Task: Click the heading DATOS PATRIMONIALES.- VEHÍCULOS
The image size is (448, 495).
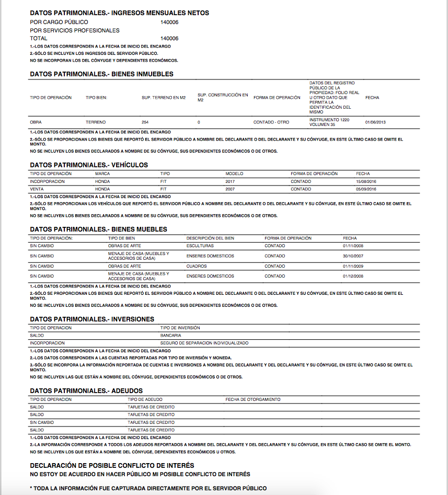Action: [89, 165]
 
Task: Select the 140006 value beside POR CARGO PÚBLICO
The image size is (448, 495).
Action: [170, 22]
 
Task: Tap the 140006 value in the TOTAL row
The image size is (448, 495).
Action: [170, 38]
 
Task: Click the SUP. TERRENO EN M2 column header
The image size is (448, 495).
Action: [164, 98]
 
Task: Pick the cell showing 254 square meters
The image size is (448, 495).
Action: [145, 122]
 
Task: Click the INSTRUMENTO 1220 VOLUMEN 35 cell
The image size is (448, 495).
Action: [329, 122]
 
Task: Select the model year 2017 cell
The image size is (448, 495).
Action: [231, 181]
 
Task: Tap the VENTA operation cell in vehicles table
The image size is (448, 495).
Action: [37, 189]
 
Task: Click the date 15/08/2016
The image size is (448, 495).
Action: [366, 181]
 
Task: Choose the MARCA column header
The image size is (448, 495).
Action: [102, 174]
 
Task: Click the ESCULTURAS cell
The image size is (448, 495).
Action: [200, 246]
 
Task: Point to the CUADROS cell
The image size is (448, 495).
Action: [196, 266]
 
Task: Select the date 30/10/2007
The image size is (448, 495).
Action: [353, 256]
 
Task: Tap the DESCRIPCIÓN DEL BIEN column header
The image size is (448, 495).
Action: [210, 238]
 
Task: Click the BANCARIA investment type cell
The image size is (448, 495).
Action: [171, 336]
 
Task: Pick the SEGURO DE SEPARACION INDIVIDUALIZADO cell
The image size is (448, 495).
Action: [204, 343]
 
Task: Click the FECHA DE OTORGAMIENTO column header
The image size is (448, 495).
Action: [253, 399]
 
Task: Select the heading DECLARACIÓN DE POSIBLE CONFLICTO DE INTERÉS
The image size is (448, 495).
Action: [112, 465]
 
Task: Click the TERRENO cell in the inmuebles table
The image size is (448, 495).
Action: [96, 122]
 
